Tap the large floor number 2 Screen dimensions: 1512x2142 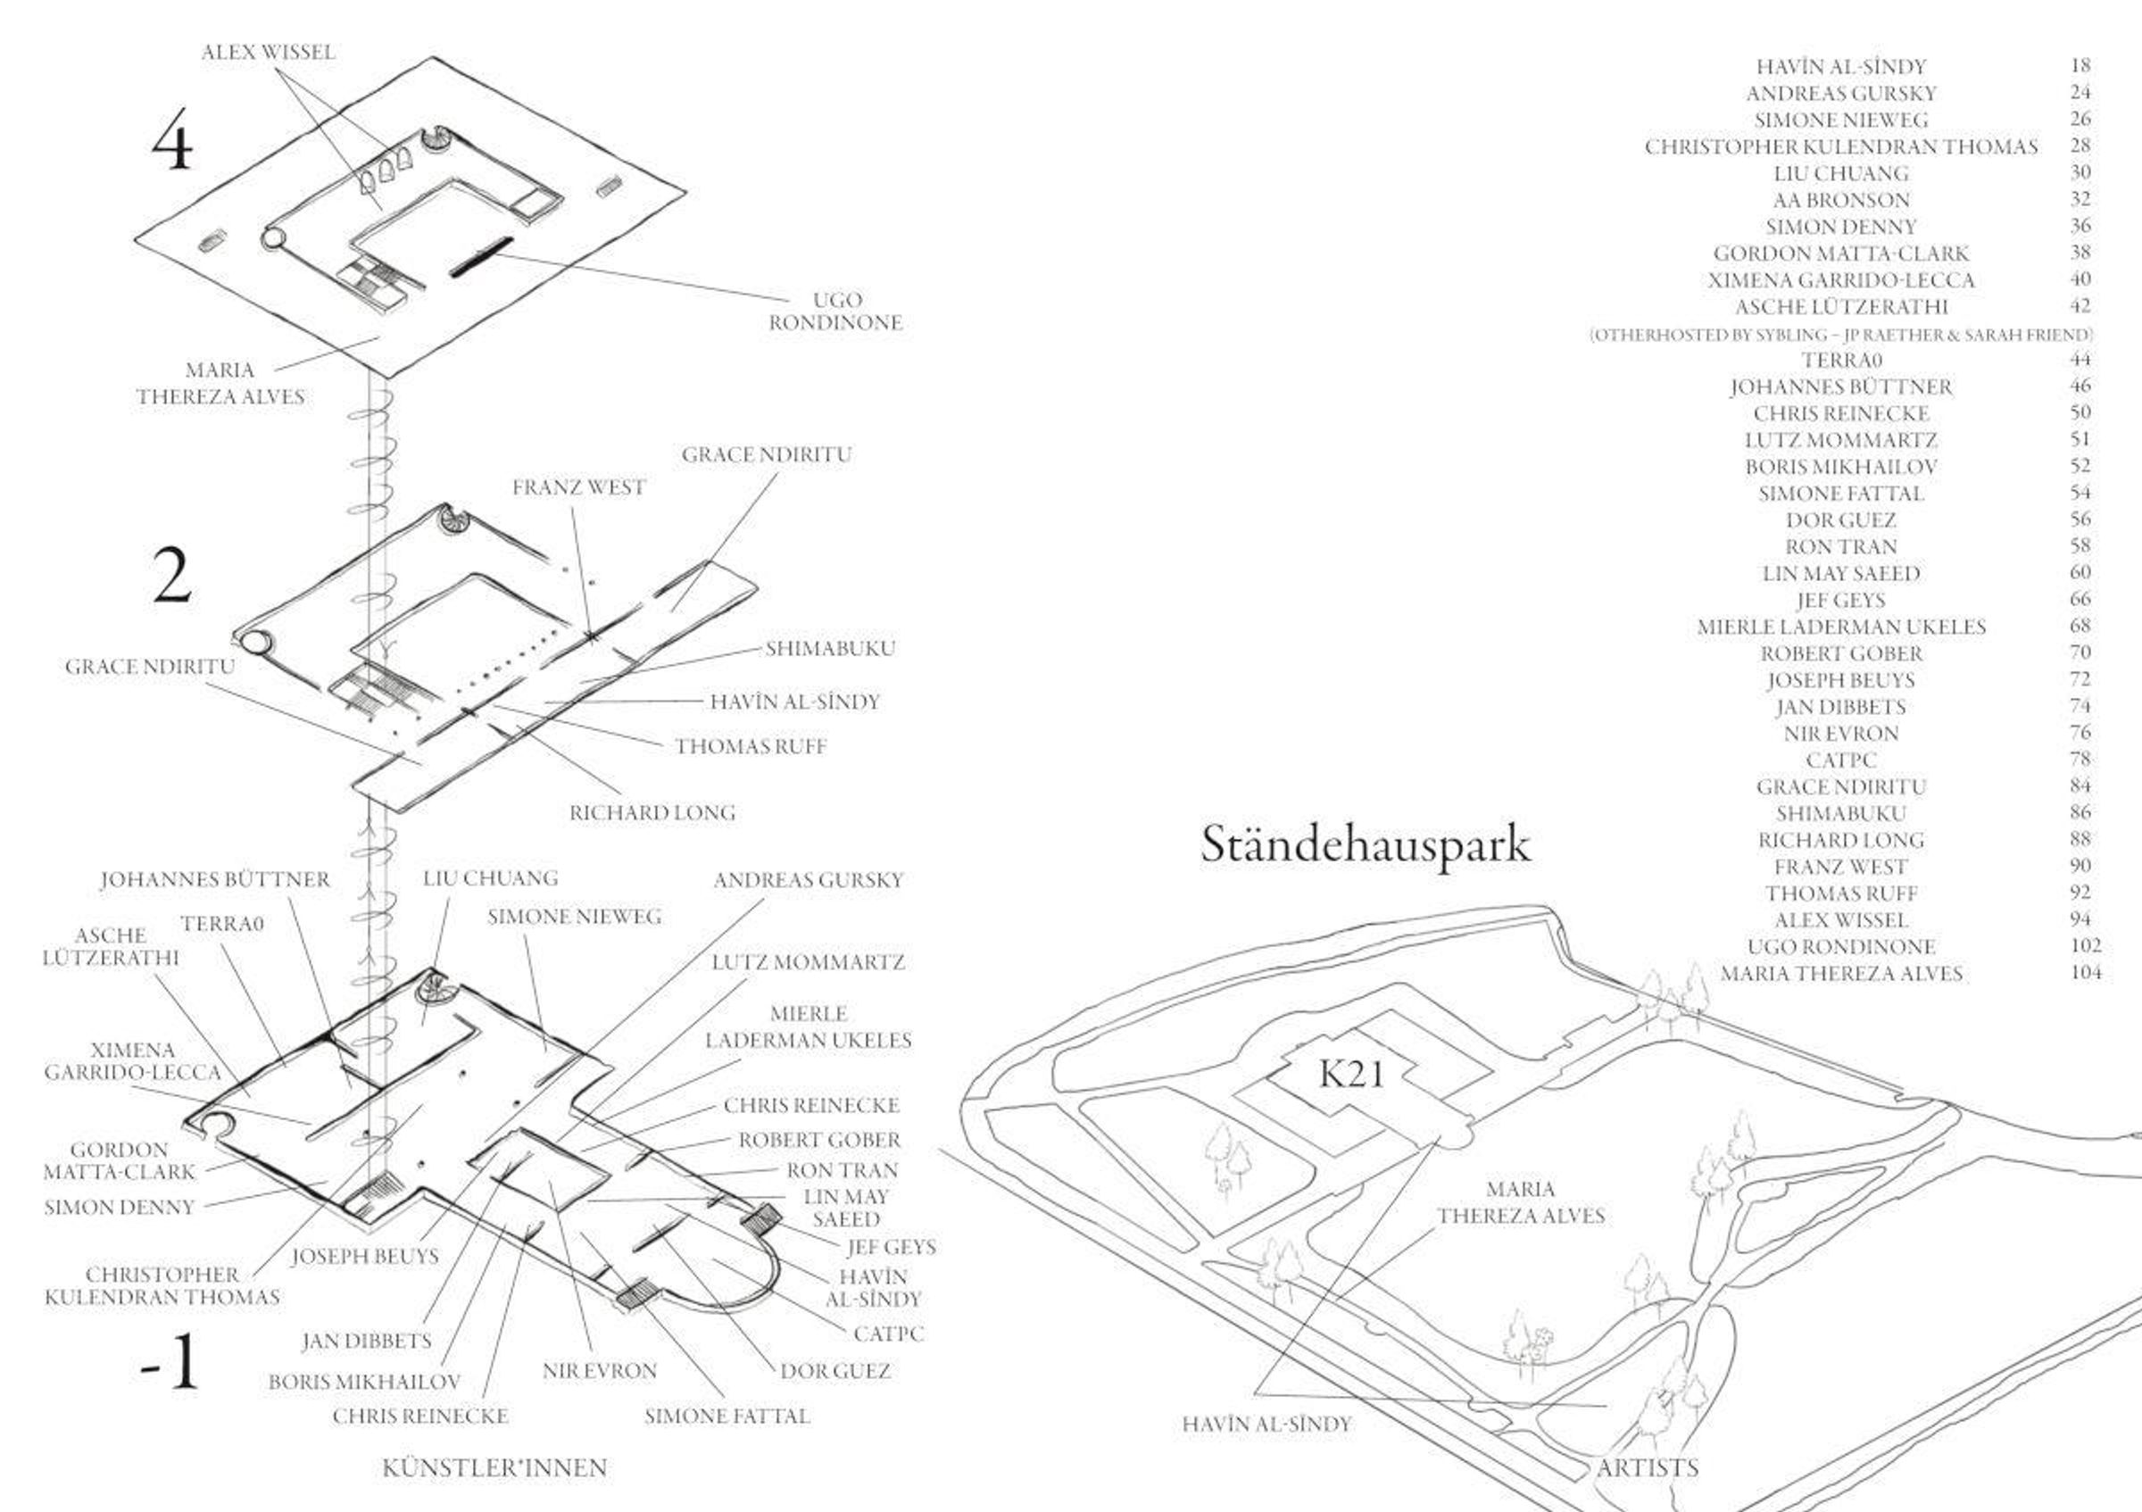click(x=171, y=577)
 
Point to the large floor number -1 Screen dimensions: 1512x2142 click(x=170, y=1362)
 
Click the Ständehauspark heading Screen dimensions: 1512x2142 click(x=1365, y=845)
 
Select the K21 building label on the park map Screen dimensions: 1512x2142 click(x=1352, y=1075)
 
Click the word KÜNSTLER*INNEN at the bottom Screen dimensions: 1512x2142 click(x=494, y=1468)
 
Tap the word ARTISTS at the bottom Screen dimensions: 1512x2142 click(x=1648, y=1468)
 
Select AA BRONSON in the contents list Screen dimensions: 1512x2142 click(x=1840, y=201)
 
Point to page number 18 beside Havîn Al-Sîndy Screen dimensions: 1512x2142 click(x=2080, y=66)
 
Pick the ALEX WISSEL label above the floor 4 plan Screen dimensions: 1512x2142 click(x=268, y=53)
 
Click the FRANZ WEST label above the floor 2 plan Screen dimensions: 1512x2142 click(x=578, y=487)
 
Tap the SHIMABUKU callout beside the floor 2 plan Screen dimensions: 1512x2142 click(x=830, y=648)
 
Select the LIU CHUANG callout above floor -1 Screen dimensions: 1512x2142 click(x=490, y=877)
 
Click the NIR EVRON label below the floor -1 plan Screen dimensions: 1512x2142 click(x=599, y=1371)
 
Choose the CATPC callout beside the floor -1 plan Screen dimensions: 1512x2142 click(x=888, y=1333)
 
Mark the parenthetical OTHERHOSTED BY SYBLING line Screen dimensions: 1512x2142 click(x=1840, y=335)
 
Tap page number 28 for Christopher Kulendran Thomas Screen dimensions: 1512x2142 click(x=2080, y=146)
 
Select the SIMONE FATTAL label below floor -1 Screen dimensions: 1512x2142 click(x=726, y=1416)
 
